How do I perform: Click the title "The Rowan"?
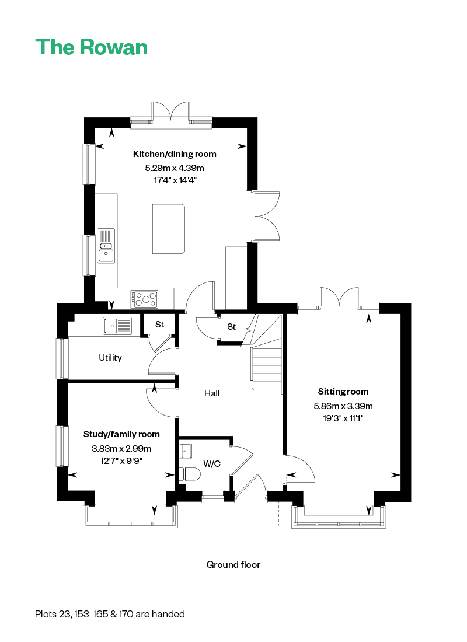[91, 47]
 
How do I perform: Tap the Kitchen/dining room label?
[175, 154]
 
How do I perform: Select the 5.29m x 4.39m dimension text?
[175, 168]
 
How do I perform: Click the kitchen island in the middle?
[169, 229]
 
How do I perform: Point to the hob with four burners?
[144, 299]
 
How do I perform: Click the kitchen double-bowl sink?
[106, 246]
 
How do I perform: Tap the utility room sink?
[117, 326]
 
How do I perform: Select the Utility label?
[110, 358]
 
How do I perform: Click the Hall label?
[212, 393]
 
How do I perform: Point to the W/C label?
[212, 464]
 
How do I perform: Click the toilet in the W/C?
[190, 474]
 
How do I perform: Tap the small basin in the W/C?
[186, 451]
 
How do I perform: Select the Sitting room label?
[343, 392]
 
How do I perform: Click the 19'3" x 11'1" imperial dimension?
[343, 418]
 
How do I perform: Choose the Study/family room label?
[121, 434]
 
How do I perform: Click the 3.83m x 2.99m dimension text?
[121, 449]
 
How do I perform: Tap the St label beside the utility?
[159, 325]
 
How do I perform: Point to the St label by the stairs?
[231, 327]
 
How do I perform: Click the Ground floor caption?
[233, 565]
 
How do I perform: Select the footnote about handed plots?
[110, 614]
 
